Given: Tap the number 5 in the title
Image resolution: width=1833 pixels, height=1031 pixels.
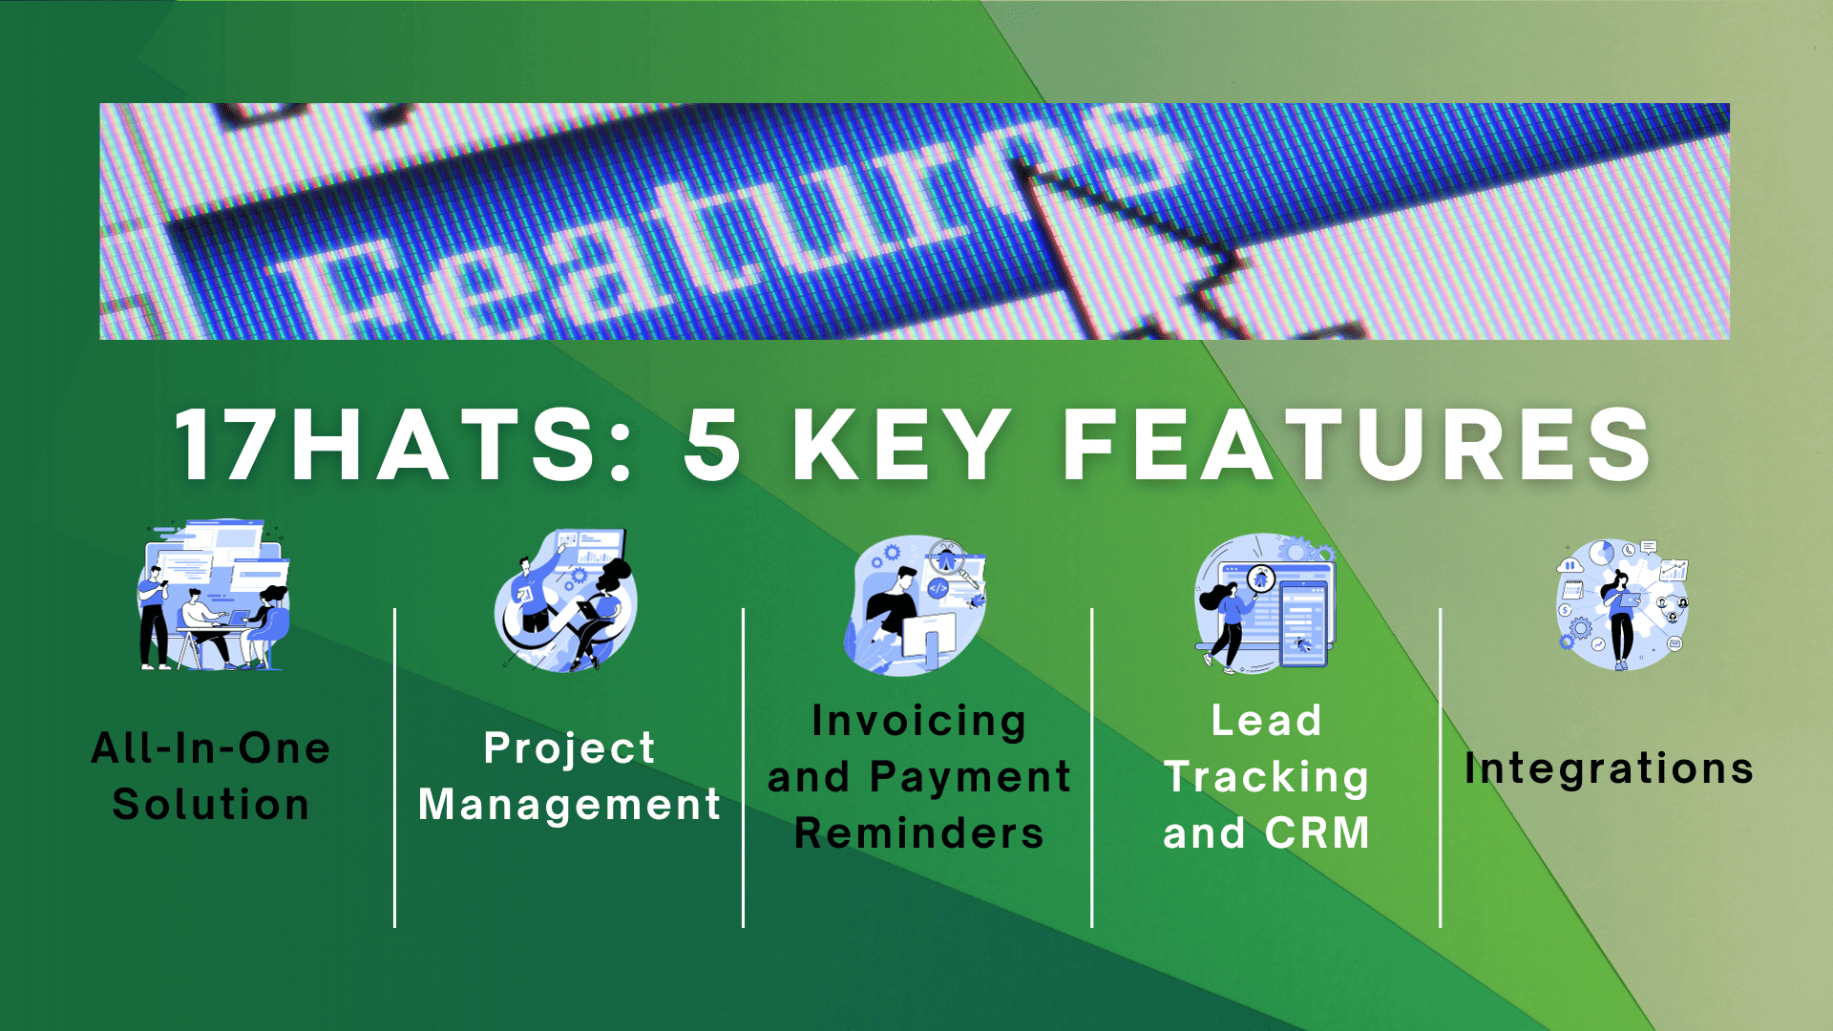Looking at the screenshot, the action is point(713,445).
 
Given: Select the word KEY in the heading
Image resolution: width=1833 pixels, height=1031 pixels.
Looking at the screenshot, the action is point(901,445).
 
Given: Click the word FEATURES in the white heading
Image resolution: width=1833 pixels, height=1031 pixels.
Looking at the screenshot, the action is point(1358,445).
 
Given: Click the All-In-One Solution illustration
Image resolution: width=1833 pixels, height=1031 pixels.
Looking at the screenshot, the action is point(213,595).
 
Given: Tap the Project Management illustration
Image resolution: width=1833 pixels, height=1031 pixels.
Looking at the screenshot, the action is point(566,600).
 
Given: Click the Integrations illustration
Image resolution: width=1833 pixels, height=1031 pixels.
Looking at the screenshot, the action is point(1622,604).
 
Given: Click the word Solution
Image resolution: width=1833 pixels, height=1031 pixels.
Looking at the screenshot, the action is point(211,805).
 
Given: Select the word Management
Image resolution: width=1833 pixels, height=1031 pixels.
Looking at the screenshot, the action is point(570,805).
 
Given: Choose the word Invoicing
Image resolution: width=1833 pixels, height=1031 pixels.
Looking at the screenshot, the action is point(918,722).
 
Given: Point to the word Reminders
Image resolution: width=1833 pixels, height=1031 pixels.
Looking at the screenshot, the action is point(919,833).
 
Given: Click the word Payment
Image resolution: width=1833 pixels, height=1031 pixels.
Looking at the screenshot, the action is point(971,778).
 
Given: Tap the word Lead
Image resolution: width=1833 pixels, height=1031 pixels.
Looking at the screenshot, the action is point(1267,721).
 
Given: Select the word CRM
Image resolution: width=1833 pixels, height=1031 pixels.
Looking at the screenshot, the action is point(1318,833).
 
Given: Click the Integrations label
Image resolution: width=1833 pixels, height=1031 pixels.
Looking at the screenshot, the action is point(1610,769).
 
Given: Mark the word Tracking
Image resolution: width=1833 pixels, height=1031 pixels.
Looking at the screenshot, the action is point(1267,778).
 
